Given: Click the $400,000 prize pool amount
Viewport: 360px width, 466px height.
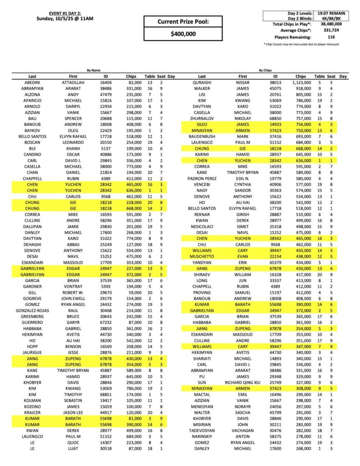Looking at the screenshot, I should (183, 34).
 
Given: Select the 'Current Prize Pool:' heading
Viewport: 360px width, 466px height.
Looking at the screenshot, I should (183, 21).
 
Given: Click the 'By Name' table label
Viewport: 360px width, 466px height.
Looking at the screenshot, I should (94, 71).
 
